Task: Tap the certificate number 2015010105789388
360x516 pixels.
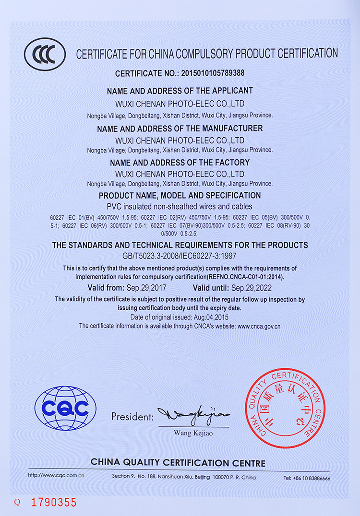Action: pyautogui.click(x=212, y=73)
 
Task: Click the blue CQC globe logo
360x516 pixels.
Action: pyautogui.click(x=65, y=408)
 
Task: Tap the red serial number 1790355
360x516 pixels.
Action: pyautogui.click(x=54, y=503)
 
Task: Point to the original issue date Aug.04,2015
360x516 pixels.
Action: pyautogui.click(x=210, y=317)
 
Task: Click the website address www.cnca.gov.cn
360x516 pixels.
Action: pyautogui.click(x=259, y=326)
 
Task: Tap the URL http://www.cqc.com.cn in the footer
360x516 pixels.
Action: pyautogui.click(x=56, y=476)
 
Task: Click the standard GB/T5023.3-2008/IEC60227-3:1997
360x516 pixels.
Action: pyautogui.click(x=180, y=256)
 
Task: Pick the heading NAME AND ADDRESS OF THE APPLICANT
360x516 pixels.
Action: pyautogui.click(x=180, y=91)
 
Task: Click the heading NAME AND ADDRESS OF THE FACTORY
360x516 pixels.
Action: pyautogui.click(x=180, y=163)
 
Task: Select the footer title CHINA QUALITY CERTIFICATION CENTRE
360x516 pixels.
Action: pyautogui.click(x=178, y=463)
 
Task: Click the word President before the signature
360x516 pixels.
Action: pyautogui.click(x=132, y=416)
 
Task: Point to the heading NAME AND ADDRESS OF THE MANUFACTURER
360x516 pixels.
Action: pyautogui.click(x=180, y=129)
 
